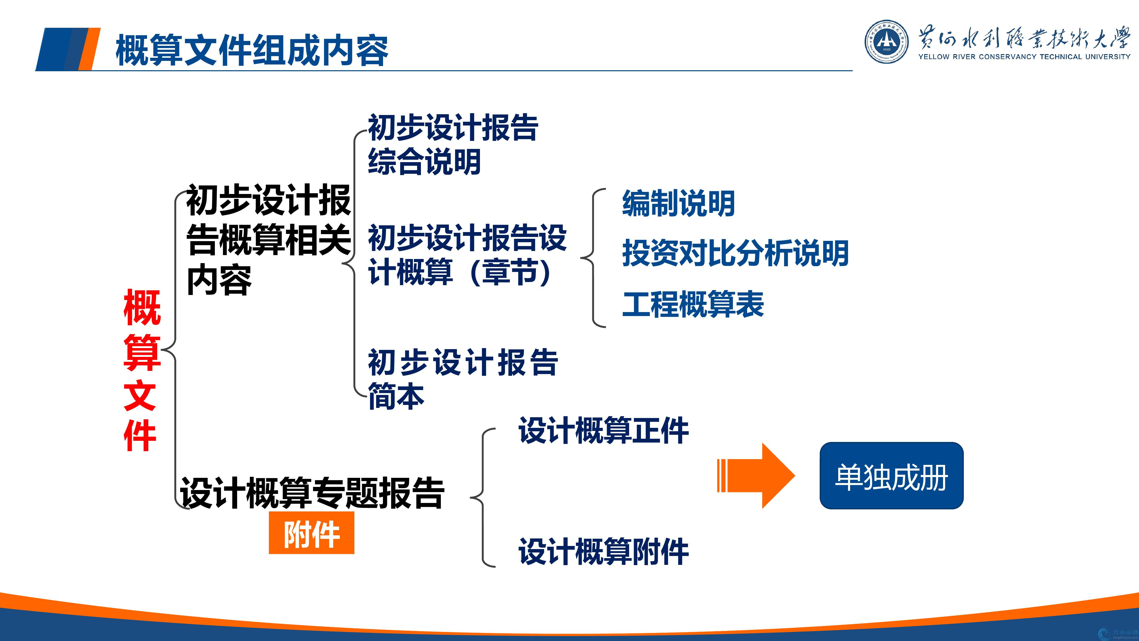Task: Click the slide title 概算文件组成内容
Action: [x=252, y=51]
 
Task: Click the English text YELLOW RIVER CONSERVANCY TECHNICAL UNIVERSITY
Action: [x=1024, y=57]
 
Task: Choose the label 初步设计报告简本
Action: [x=463, y=379]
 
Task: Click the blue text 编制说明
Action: [x=678, y=204]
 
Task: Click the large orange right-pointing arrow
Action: [x=756, y=476]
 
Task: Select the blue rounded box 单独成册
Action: [x=891, y=476]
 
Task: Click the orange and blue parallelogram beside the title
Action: [x=68, y=49]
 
